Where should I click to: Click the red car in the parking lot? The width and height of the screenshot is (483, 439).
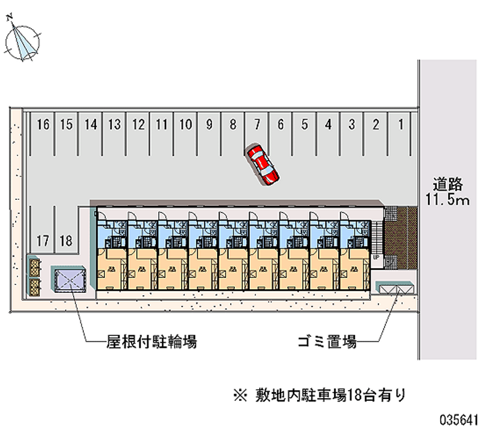pyautogui.click(x=263, y=164)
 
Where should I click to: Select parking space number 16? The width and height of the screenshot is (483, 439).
pyautogui.click(x=42, y=125)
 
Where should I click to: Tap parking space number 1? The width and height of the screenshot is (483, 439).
pyautogui.click(x=400, y=125)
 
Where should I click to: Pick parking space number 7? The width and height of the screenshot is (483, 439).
pyautogui.click(x=257, y=125)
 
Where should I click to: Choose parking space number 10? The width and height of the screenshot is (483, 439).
pyautogui.click(x=186, y=125)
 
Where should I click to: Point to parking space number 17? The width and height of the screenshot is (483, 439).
pyautogui.click(x=42, y=241)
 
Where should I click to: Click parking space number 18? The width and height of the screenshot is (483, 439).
pyautogui.click(x=66, y=241)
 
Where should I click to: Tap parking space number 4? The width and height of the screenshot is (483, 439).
pyautogui.click(x=328, y=125)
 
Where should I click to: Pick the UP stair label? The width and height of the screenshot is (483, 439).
pyautogui.click(x=376, y=257)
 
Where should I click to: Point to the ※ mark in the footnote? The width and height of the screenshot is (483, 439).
pyautogui.click(x=239, y=396)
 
